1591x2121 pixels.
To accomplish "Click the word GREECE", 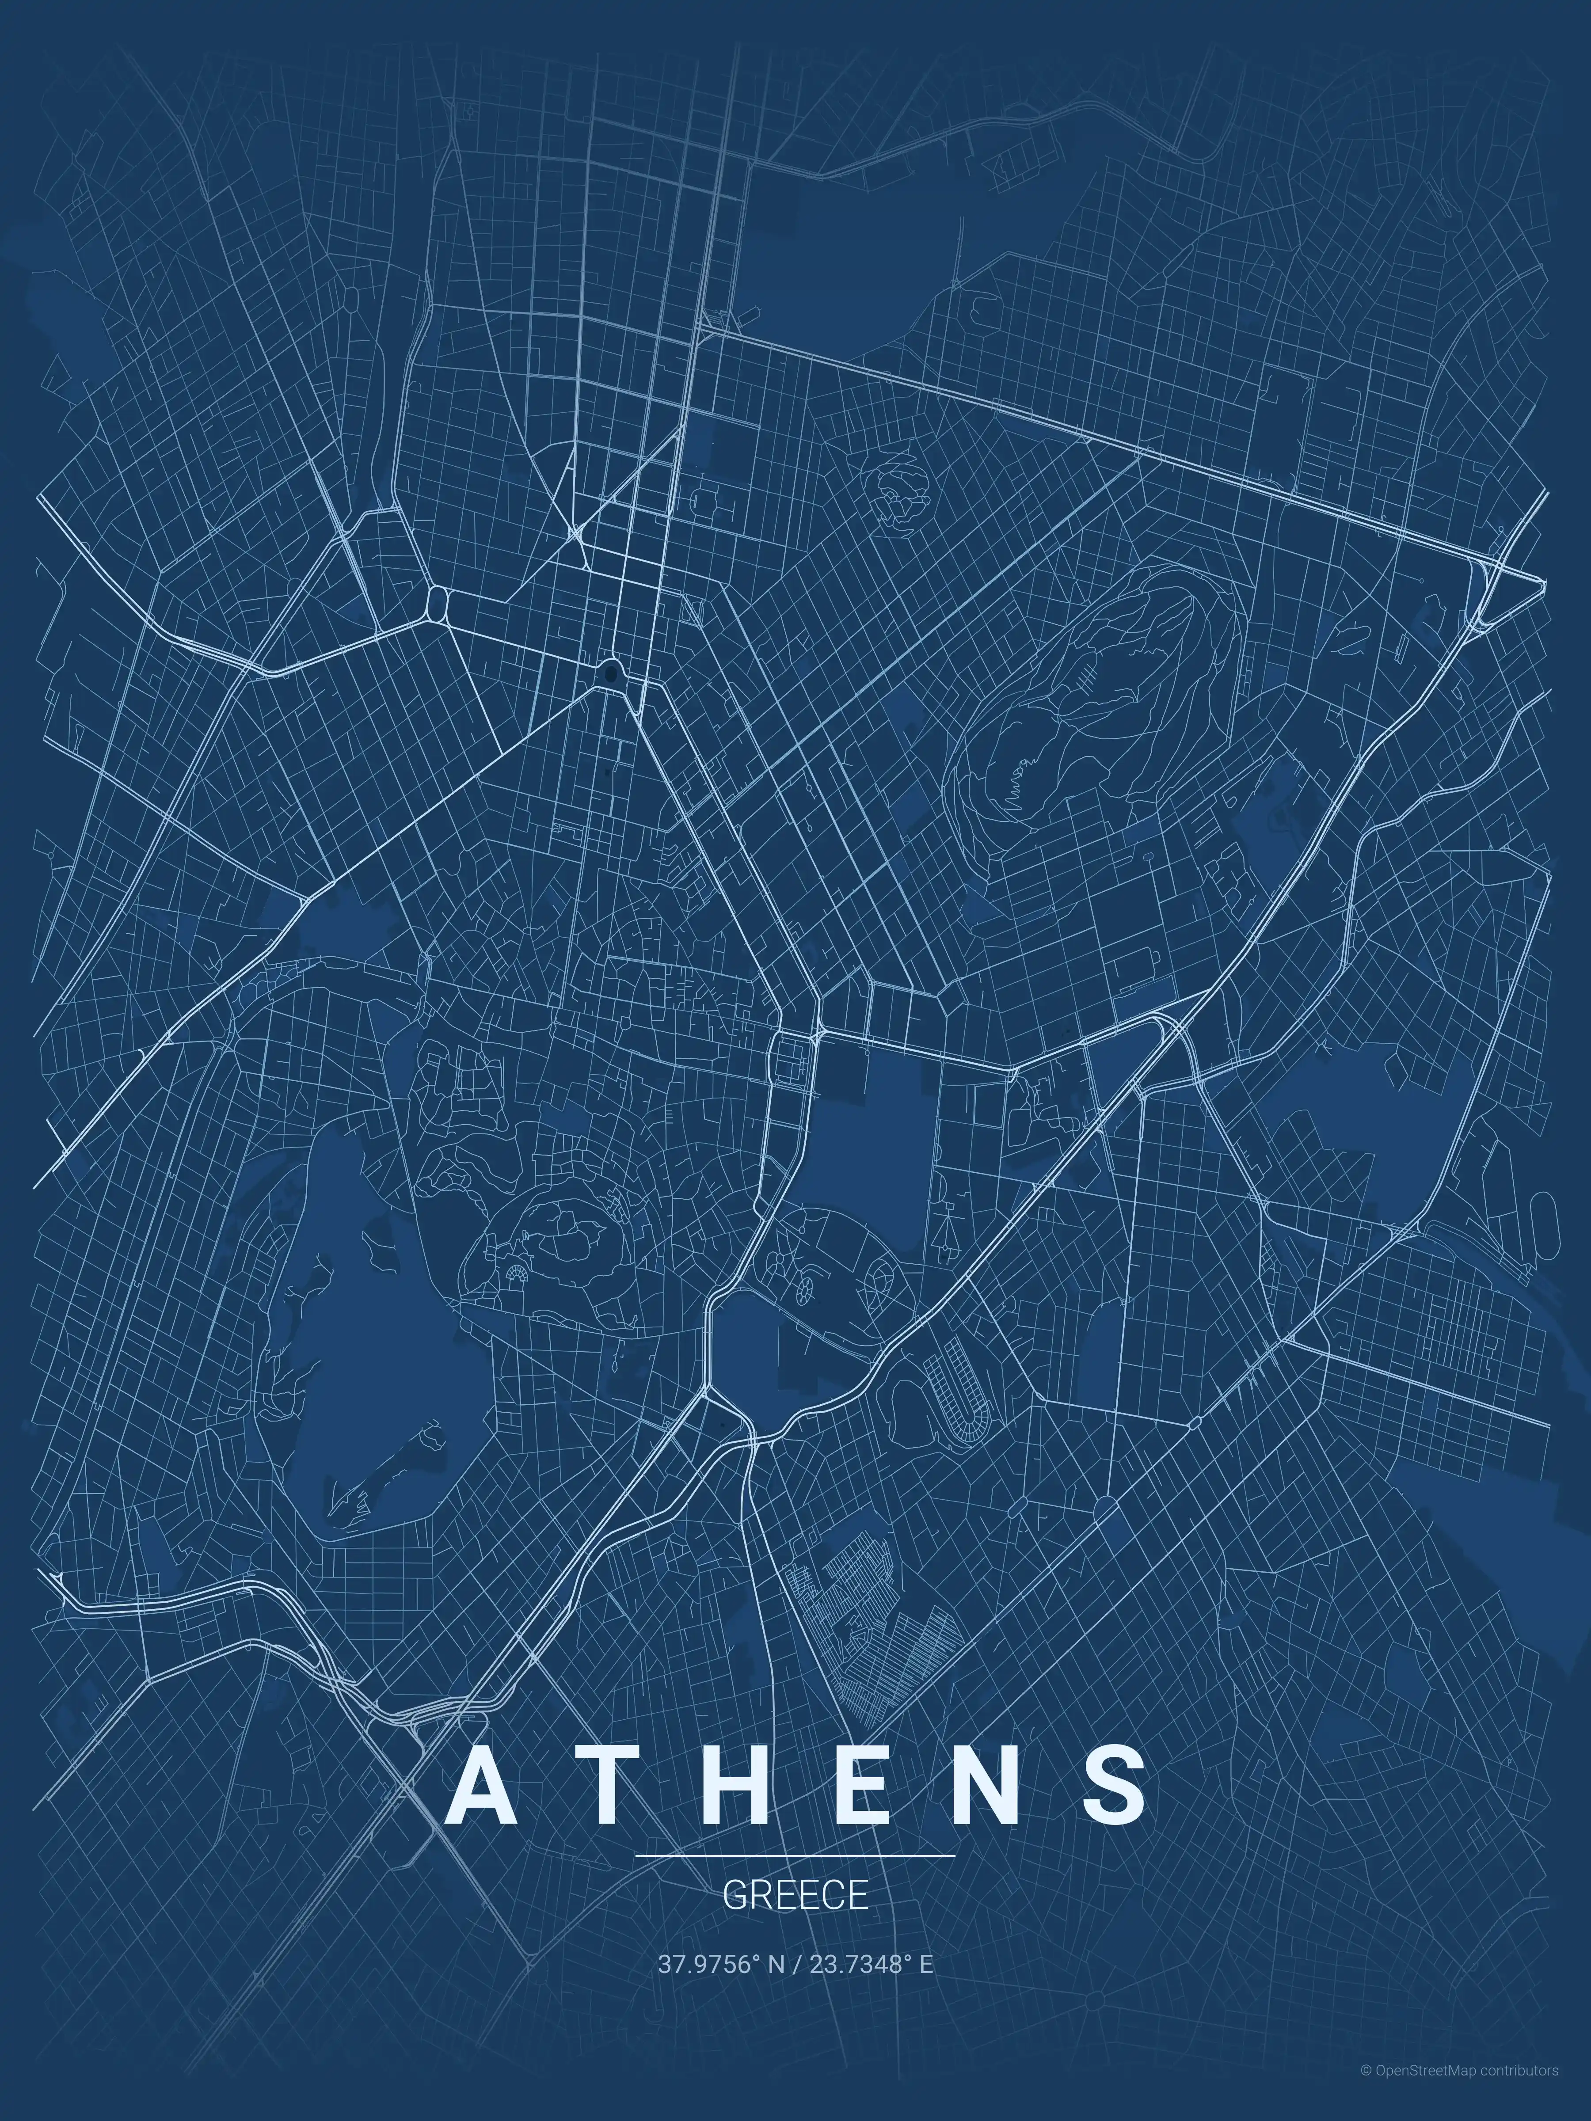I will pos(795,1896).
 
